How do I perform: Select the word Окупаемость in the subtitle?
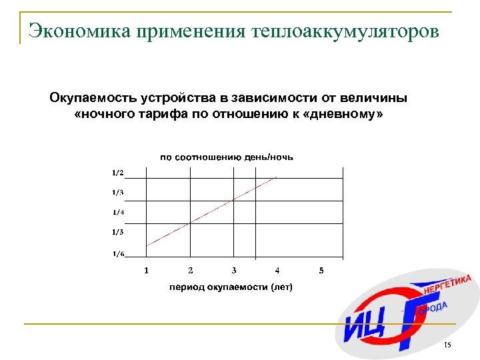pos(93,98)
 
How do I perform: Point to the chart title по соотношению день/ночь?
pos(227,157)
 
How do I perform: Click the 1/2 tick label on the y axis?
pos(117,173)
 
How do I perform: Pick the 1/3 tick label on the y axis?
pos(117,193)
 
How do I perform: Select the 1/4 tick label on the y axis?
pos(118,213)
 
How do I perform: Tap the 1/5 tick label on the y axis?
pos(118,232)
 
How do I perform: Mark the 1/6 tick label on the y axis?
pos(118,253)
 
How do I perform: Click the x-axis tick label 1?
pos(147,270)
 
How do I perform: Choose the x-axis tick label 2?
pos(191,270)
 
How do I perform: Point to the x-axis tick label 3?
pos(234,270)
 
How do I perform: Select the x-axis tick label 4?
pos(277,270)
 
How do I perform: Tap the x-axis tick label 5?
pos(321,270)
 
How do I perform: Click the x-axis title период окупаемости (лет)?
pos(231,287)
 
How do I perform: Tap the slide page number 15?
pos(447,345)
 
